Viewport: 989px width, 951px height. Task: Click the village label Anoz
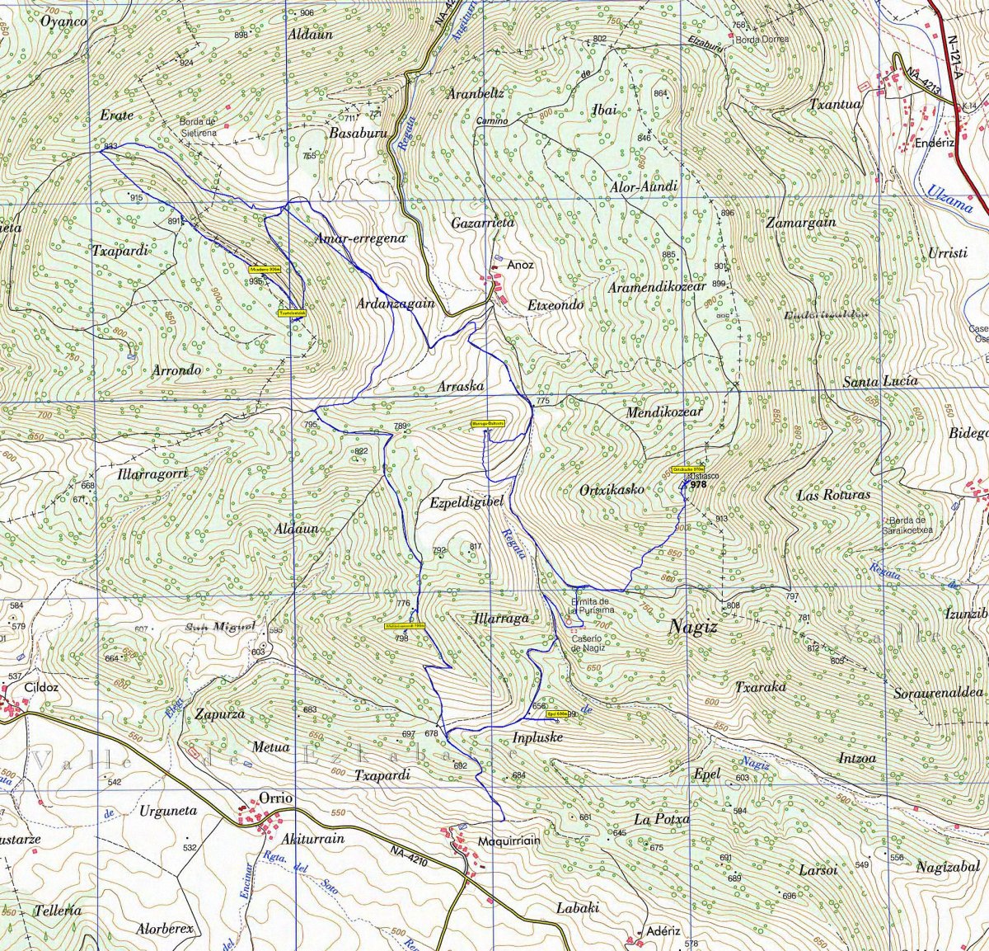520,265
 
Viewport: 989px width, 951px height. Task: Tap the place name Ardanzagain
395,304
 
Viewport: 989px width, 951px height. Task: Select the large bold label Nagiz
693,627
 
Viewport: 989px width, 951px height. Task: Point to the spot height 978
699,485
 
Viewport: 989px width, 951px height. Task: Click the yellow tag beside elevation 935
266,270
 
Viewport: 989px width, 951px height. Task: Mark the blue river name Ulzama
949,199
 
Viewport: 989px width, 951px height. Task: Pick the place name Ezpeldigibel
466,502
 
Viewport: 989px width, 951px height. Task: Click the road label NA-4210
409,856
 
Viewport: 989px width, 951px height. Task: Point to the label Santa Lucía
880,382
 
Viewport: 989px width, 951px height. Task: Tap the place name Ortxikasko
612,489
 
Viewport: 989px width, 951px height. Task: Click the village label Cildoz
42,686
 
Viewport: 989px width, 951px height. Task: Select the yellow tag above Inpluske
557,714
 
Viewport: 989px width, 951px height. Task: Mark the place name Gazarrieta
482,223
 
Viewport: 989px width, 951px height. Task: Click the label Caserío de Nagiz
588,643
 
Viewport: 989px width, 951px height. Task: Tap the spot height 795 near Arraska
311,425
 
